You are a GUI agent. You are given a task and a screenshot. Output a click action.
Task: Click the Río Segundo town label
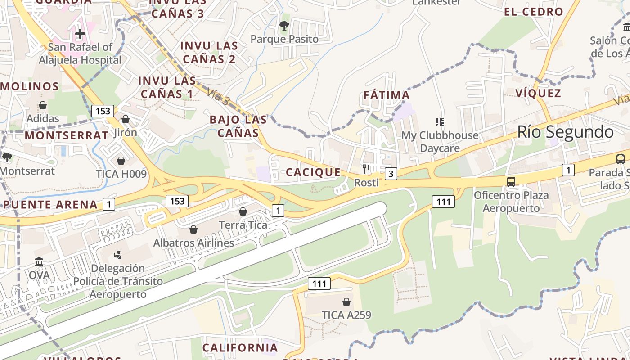[x=565, y=132]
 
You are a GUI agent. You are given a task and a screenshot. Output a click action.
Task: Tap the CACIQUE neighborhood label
[x=313, y=172]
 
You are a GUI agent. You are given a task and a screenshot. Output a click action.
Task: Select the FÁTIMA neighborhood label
[x=387, y=95]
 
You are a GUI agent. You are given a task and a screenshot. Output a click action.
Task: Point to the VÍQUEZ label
[x=538, y=94]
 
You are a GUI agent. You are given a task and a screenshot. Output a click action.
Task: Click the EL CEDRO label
[x=534, y=12]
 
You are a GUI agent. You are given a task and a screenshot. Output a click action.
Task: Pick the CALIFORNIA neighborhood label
[x=240, y=348]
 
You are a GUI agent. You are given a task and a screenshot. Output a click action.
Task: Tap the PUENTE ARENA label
[x=50, y=205]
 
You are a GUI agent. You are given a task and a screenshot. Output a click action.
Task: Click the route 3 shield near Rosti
[x=391, y=174]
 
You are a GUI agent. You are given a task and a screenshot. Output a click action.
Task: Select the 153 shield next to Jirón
[x=103, y=111]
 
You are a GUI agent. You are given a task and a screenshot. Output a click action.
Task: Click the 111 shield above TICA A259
[x=319, y=283]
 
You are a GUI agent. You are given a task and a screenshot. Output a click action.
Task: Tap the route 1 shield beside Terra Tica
[x=278, y=210]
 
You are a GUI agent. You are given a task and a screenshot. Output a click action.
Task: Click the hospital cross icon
[x=80, y=33]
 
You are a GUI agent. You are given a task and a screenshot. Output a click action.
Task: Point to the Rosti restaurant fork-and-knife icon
[x=366, y=169]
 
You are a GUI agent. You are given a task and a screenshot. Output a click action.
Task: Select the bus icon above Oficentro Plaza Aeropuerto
[x=511, y=182]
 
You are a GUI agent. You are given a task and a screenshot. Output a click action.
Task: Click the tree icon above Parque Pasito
[x=284, y=25]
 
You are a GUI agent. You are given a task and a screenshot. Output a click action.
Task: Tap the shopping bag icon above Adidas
[x=43, y=105]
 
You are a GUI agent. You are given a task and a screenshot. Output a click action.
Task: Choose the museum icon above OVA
[x=39, y=261]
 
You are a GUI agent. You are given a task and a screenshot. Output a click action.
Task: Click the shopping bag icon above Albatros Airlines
[x=193, y=229]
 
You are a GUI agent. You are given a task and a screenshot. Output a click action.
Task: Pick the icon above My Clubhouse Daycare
[x=440, y=121]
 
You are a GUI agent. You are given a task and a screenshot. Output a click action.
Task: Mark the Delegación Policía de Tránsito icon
[x=118, y=255]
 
